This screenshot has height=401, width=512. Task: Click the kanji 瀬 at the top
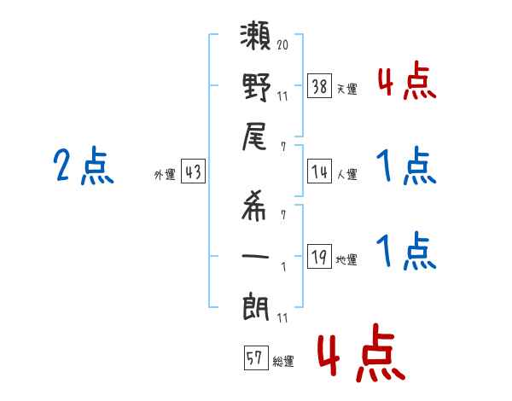pyautogui.click(x=257, y=38)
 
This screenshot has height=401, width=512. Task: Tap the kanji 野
pyautogui.click(x=257, y=87)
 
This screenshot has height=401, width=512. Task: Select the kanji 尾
pyautogui.click(x=257, y=136)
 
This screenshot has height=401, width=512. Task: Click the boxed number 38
pyautogui.click(x=319, y=85)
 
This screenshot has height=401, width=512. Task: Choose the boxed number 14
pyautogui.click(x=319, y=171)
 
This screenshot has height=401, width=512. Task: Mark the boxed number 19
pyautogui.click(x=319, y=257)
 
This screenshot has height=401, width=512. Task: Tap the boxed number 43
pyautogui.click(x=193, y=171)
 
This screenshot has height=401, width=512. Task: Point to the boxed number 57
pyautogui.click(x=255, y=358)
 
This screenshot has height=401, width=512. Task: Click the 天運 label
pyautogui.click(x=346, y=89)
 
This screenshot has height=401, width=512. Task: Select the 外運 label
pyautogui.click(x=165, y=175)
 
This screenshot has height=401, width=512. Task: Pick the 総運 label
pyautogui.click(x=282, y=362)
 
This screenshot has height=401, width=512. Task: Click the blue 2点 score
pyautogui.click(x=84, y=166)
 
